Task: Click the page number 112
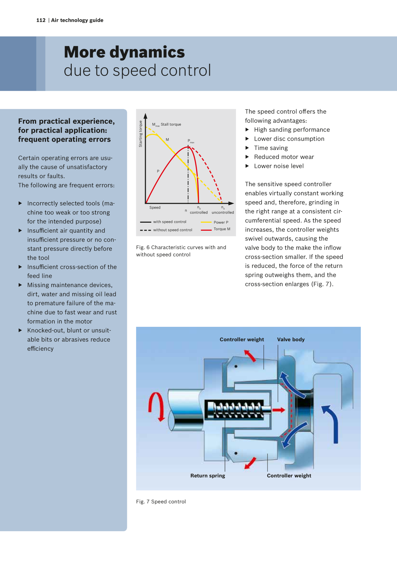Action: pyautogui.click(x=41, y=20)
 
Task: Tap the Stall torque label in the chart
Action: pyautogui.click(x=171, y=124)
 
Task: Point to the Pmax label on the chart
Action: pyautogui.click(x=191, y=141)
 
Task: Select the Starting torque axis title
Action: pyautogui.click(x=141, y=134)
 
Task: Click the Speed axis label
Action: pyautogui.click(x=155, y=208)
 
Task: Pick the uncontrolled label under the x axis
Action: pyautogui.click(x=223, y=212)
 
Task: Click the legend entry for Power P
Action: pyautogui.click(x=215, y=222)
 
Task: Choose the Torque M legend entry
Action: pyautogui.click(x=215, y=229)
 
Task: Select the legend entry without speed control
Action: pyautogui.click(x=166, y=230)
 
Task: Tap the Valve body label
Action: pyautogui.click(x=291, y=340)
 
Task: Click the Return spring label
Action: pyautogui.click(x=208, y=476)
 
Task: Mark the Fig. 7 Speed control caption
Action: pyautogui.click(x=161, y=502)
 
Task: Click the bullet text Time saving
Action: pyautogui.click(x=271, y=148)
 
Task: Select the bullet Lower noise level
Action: pyautogui.click(x=279, y=166)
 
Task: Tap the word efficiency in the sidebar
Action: pyautogui.click(x=40, y=349)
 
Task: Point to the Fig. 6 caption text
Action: pyautogui.click(x=181, y=251)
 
